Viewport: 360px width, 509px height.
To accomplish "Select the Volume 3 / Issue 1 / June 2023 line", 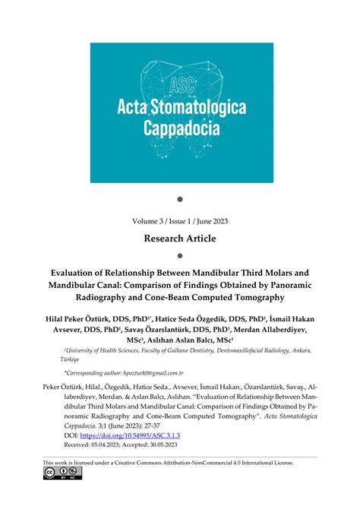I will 180,223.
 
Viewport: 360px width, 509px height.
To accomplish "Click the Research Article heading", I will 180,239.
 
